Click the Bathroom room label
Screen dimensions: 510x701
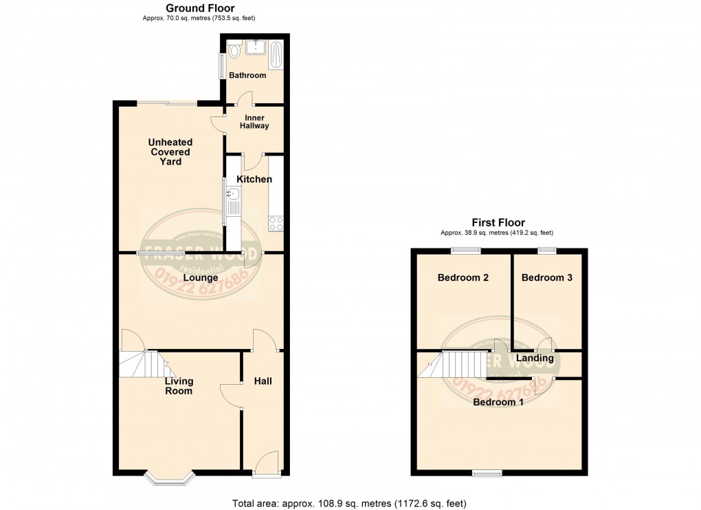point(247,75)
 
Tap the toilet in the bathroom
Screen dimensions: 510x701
point(234,50)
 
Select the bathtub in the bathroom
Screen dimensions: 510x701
point(277,55)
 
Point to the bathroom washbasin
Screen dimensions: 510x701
point(256,47)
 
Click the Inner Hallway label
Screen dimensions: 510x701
point(254,122)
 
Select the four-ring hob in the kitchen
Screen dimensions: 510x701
point(277,222)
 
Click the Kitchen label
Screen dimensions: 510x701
point(254,179)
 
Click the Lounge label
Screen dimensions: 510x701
point(201,278)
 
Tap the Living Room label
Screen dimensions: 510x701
point(179,385)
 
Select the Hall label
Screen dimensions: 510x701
point(263,381)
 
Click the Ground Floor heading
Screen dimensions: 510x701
point(200,8)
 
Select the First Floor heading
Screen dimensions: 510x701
point(498,222)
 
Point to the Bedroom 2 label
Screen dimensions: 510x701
point(463,278)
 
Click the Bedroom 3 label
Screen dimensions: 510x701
point(547,278)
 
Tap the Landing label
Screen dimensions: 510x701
point(535,358)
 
